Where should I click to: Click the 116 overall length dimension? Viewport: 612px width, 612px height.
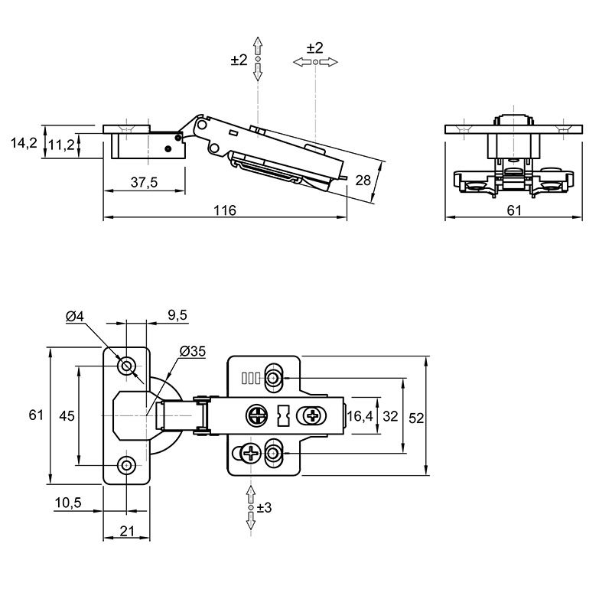(x=225, y=210)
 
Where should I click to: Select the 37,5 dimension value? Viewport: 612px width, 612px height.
(x=144, y=182)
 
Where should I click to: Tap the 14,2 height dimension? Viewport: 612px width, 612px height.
(x=24, y=143)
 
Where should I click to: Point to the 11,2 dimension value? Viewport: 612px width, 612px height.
(x=61, y=145)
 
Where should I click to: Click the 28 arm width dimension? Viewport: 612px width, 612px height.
(x=363, y=181)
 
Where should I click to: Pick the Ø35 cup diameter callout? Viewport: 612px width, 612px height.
(x=193, y=351)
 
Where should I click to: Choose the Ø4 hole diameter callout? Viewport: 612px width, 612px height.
(x=75, y=317)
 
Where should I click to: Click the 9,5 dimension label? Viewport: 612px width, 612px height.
(x=177, y=315)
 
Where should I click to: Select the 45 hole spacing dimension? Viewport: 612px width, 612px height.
(x=67, y=416)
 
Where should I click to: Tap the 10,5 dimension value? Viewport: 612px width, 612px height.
(x=68, y=503)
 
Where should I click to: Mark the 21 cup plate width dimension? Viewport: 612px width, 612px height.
(x=127, y=531)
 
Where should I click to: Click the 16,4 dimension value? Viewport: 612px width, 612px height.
(x=360, y=416)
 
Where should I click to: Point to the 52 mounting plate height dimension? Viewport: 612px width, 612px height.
(x=416, y=418)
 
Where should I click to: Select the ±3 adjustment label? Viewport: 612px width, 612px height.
(x=264, y=508)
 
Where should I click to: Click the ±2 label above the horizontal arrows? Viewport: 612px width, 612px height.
(x=315, y=48)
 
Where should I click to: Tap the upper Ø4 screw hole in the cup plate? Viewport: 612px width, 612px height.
(x=126, y=366)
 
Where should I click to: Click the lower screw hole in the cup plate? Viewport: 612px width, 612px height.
(x=126, y=465)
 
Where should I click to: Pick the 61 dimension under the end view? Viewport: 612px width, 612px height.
(x=514, y=210)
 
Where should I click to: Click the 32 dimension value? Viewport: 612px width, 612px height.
(x=390, y=416)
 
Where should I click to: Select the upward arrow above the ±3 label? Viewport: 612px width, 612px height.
(x=251, y=495)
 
